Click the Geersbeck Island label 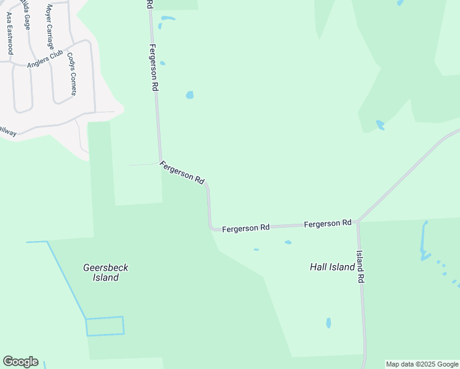click(105, 272)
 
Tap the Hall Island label click(332, 267)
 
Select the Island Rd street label click(361, 266)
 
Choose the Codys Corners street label click(72, 73)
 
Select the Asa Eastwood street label click(9, 33)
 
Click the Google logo click(20, 362)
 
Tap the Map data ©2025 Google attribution click(422, 364)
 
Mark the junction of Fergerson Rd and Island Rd click(358, 221)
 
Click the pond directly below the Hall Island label click(328, 322)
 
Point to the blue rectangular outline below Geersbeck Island click(105, 326)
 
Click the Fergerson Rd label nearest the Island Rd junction click(327, 223)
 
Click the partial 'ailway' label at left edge click(7, 130)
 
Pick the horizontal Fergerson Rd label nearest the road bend click(246, 228)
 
